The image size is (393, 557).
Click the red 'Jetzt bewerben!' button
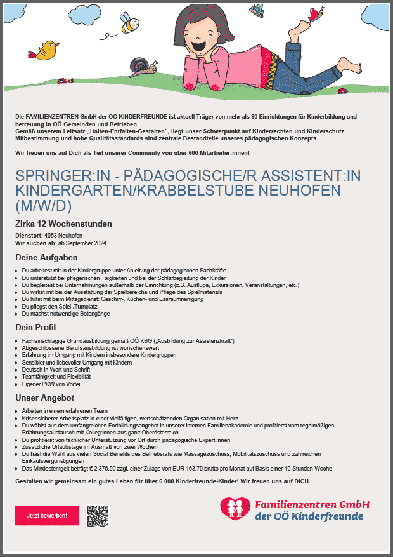point(47,515)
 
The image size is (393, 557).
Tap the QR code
point(98,515)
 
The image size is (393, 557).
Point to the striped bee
point(131,26)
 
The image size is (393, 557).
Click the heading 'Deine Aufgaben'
point(46,258)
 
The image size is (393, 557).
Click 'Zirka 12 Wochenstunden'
point(63,224)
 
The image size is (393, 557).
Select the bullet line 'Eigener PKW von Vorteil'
point(51,384)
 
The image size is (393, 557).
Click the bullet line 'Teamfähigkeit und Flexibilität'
point(56,377)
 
